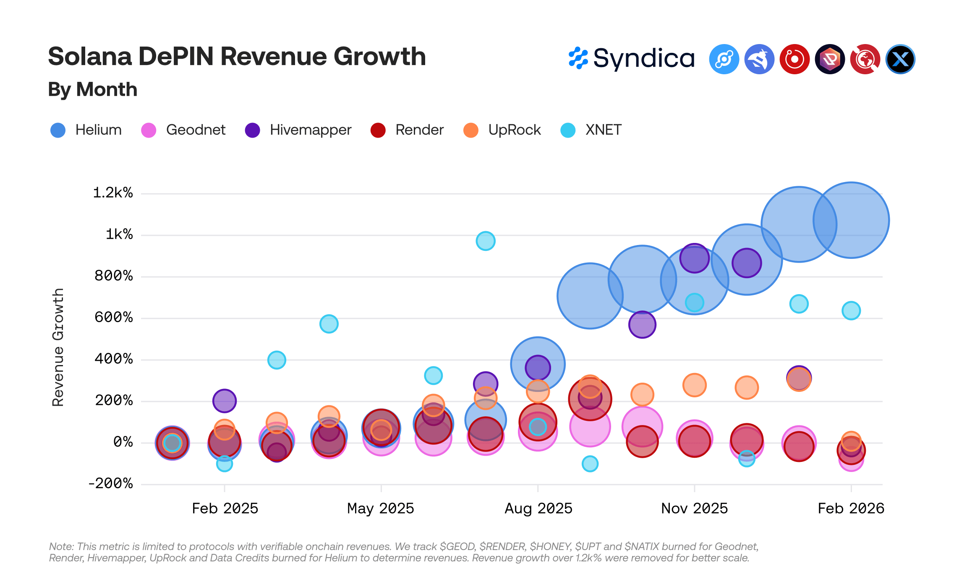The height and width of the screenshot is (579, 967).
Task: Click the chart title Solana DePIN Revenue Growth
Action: click(x=237, y=57)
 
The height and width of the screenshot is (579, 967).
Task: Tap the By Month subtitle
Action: click(x=93, y=89)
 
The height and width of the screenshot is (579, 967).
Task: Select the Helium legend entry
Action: click(x=86, y=130)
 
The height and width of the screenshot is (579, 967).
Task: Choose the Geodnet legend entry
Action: click(x=183, y=130)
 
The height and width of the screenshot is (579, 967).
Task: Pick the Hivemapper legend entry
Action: click(x=298, y=130)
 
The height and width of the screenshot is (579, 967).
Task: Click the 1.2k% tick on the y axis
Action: click(x=113, y=193)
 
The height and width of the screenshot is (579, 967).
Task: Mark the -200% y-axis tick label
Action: click(x=110, y=483)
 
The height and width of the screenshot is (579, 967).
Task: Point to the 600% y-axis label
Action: click(x=114, y=317)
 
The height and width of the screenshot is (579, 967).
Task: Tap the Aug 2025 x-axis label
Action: click(x=538, y=509)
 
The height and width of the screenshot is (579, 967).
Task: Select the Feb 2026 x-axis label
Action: click(x=851, y=509)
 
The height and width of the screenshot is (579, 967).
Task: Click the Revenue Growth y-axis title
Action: click(x=58, y=347)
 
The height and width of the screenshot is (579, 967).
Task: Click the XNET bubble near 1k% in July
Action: click(x=486, y=241)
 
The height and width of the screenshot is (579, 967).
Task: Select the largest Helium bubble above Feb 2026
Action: click(x=851, y=220)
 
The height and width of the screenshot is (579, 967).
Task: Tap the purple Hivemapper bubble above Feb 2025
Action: click(x=225, y=401)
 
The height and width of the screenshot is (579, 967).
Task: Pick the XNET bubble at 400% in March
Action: click(x=277, y=360)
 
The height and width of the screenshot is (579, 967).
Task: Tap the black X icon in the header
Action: click(x=900, y=59)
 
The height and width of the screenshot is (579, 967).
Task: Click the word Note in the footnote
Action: click(x=61, y=547)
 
